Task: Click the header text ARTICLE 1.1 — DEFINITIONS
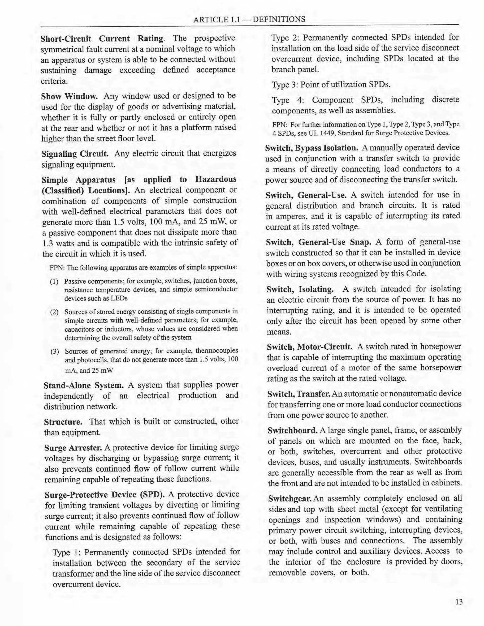point(249,20)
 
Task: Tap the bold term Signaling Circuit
point(75,154)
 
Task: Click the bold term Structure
point(63,422)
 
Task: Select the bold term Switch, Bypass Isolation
point(312,148)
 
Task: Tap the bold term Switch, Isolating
point(300,289)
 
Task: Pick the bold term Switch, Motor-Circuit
point(309,347)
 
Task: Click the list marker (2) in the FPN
point(55,312)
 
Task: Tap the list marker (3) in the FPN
point(55,352)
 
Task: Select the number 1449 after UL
point(327,133)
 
